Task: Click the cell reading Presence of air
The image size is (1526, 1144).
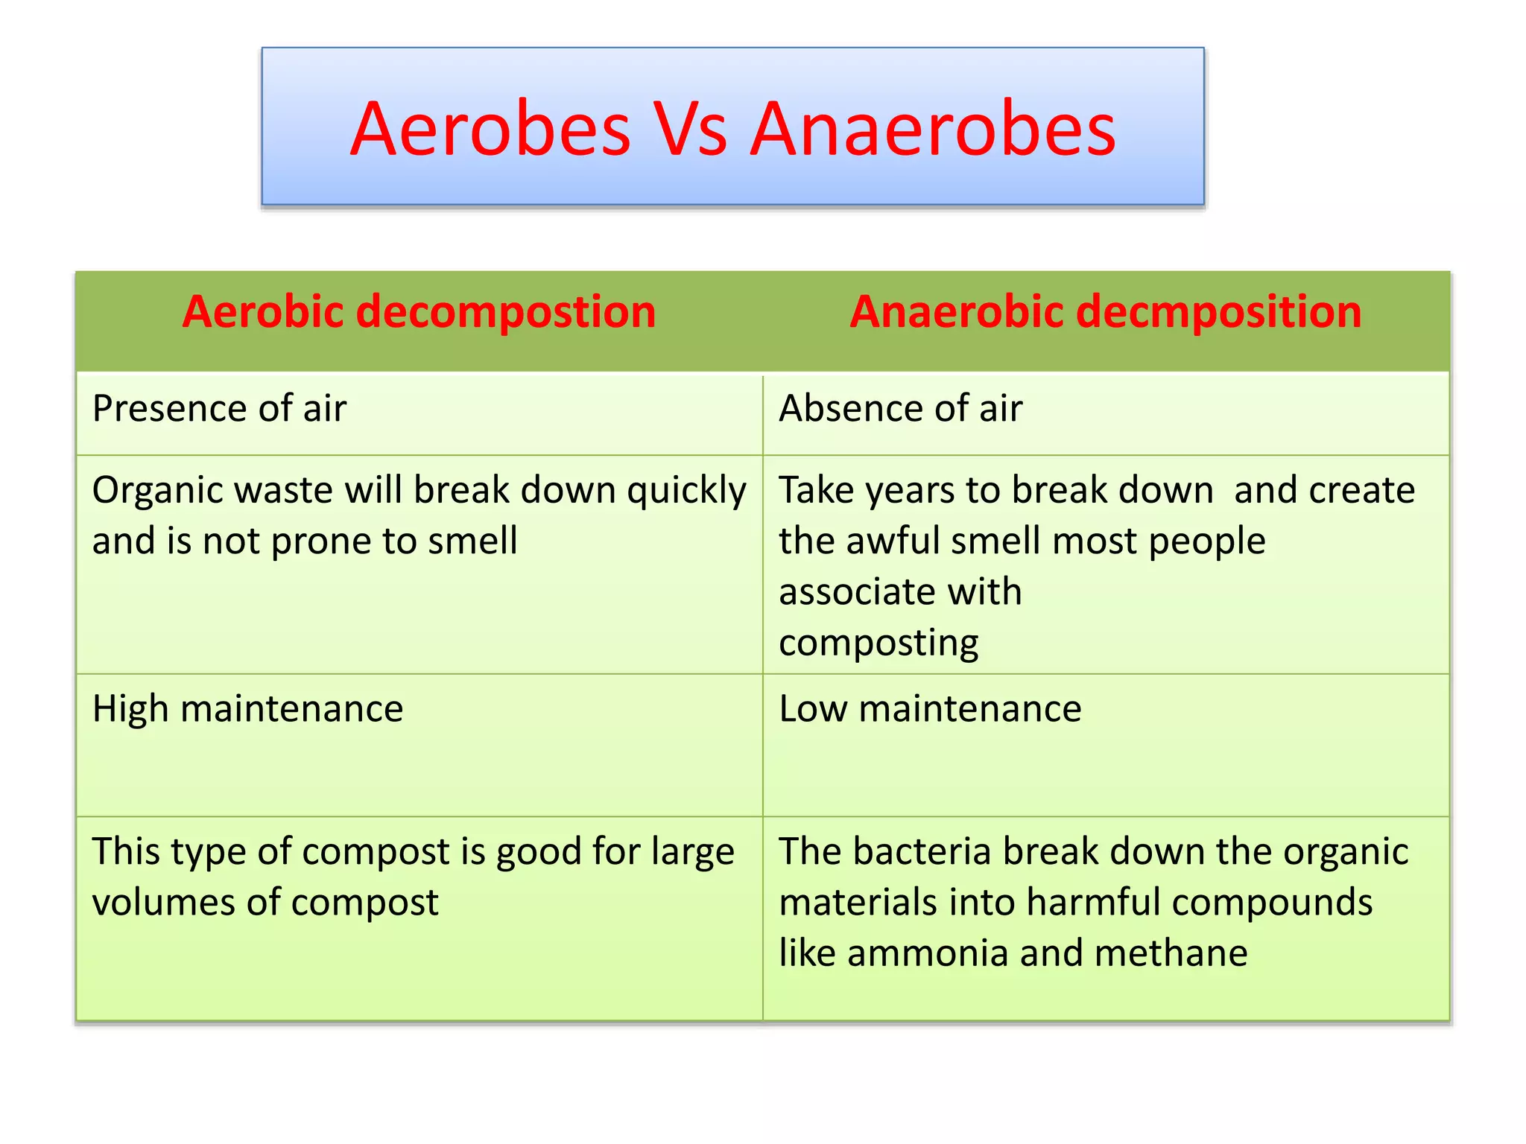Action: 219,409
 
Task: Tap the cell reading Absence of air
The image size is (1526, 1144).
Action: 900,409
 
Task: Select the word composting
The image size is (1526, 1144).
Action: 878,643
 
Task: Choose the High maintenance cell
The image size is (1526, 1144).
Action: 247,709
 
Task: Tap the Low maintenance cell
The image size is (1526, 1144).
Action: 929,709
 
